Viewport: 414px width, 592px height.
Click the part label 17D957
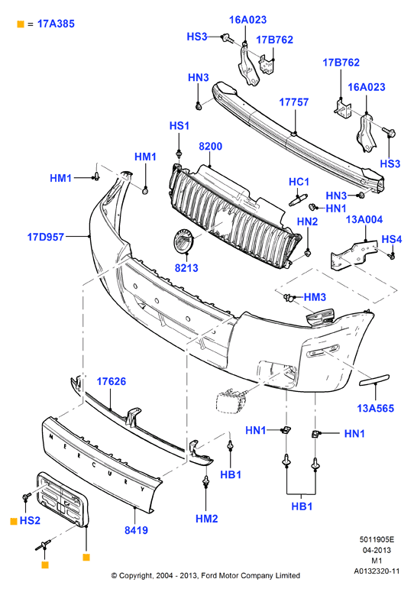(x=46, y=237)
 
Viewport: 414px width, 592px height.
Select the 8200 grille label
(x=210, y=146)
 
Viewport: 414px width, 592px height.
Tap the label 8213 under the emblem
(x=186, y=267)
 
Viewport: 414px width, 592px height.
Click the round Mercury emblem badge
(x=183, y=241)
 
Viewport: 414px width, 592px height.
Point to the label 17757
(x=293, y=102)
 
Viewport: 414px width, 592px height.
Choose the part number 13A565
(x=375, y=408)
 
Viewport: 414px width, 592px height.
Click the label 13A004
(x=364, y=219)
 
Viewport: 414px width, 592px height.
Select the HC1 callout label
(x=299, y=182)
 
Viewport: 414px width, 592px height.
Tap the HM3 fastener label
(x=315, y=297)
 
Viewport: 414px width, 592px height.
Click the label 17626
(x=112, y=381)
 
